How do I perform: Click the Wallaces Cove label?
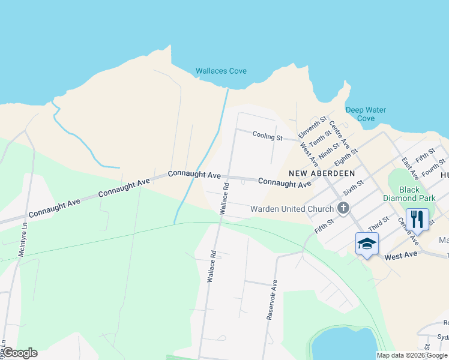point(221,71)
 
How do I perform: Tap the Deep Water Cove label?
point(366,114)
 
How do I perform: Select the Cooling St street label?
point(267,137)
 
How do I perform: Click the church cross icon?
point(343,209)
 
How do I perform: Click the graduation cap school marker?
point(367,244)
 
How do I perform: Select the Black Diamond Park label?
point(409,194)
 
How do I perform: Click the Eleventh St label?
point(312,127)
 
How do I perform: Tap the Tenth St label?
point(320,138)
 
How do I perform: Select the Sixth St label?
point(352,187)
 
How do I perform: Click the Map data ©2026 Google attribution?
point(412,355)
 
